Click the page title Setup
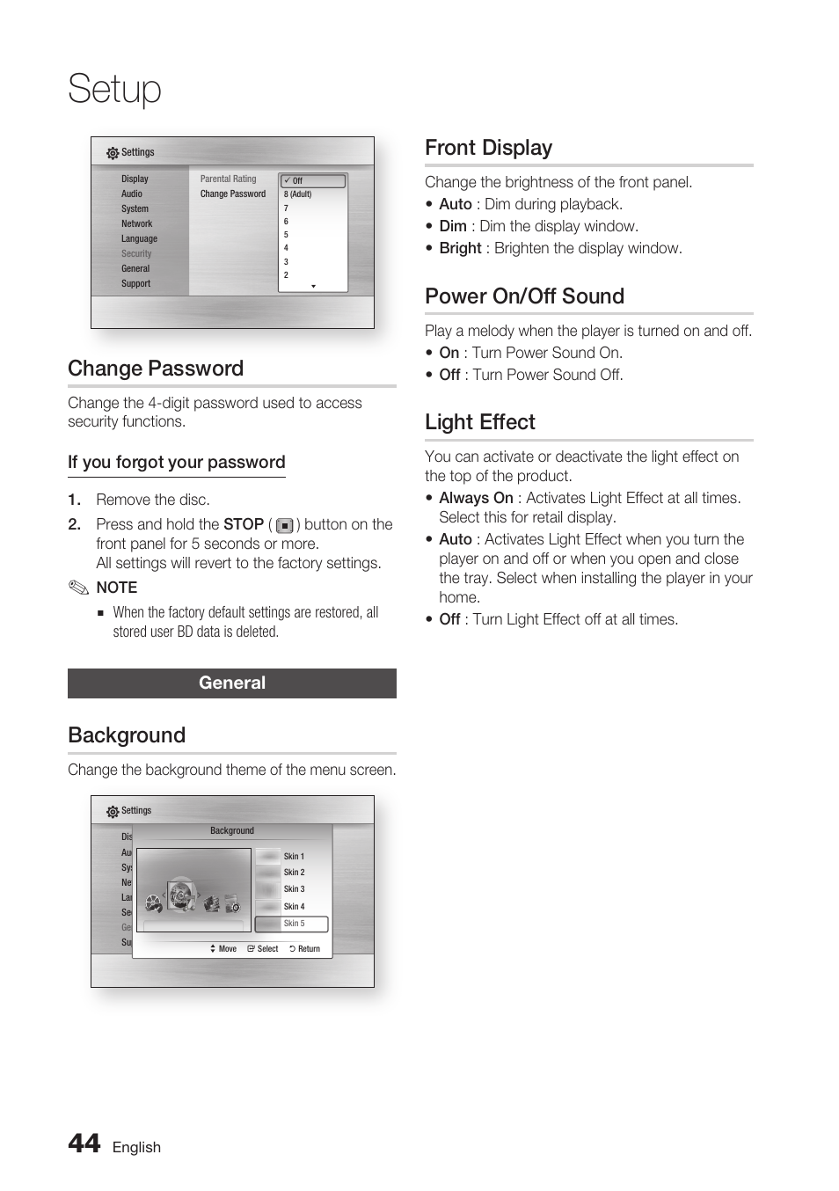click(x=115, y=89)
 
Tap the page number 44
click(x=84, y=1143)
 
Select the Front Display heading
click(x=488, y=148)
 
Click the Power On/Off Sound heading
click(x=524, y=296)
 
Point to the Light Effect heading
click(x=479, y=422)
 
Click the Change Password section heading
click(x=156, y=369)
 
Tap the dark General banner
click(x=232, y=683)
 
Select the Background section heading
click(x=127, y=735)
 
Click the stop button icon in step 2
click(x=284, y=525)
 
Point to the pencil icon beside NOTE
click(x=79, y=588)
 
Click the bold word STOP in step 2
click(x=244, y=524)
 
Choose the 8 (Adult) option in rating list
click(x=298, y=194)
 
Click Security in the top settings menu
click(x=136, y=253)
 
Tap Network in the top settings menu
click(x=136, y=223)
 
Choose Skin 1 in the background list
click(x=294, y=856)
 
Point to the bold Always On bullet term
click(x=476, y=498)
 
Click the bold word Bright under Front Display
click(x=460, y=248)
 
